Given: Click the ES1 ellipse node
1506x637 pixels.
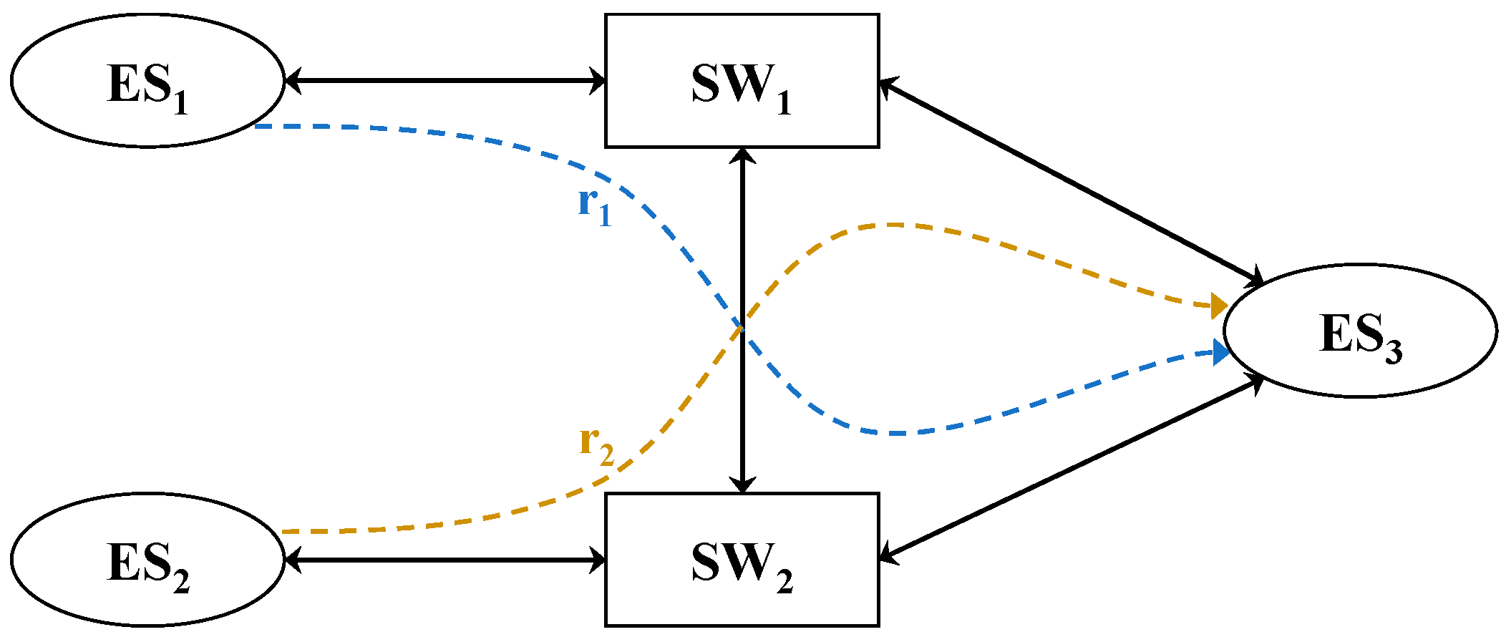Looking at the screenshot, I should pyautogui.click(x=147, y=81).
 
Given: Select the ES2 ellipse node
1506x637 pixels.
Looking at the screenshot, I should pyautogui.click(x=147, y=560).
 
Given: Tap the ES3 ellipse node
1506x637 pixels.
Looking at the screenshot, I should pyautogui.click(x=1360, y=331).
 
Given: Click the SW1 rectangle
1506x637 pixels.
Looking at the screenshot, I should pyautogui.click(x=742, y=81).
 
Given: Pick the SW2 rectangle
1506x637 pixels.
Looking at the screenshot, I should pyautogui.click(x=742, y=560).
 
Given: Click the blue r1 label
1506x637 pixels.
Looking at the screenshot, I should pyautogui.click(x=594, y=205).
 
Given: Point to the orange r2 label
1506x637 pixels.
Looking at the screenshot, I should pyautogui.click(x=596, y=445).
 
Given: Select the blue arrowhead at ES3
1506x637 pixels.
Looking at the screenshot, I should pyautogui.click(x=1220, y=352).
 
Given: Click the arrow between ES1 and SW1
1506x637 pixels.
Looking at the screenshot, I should pyautogui.click(x=444, y=80).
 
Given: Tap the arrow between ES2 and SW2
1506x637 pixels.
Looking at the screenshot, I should pyautogui.click(x=444, y=560).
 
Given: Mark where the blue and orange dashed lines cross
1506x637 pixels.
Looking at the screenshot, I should pyautogui.click(x=742, y=327).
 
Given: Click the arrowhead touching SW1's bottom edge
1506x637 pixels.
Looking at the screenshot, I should pyautogui.click(x=742, y=157).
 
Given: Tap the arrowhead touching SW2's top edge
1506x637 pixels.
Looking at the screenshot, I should pyautogui.click(x=742, y=484).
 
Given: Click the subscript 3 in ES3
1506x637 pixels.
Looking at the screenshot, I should pyautogui.click(x=1393, y=352).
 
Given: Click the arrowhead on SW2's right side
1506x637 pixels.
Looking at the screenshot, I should pyautogui.click(x=889, y=554).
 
